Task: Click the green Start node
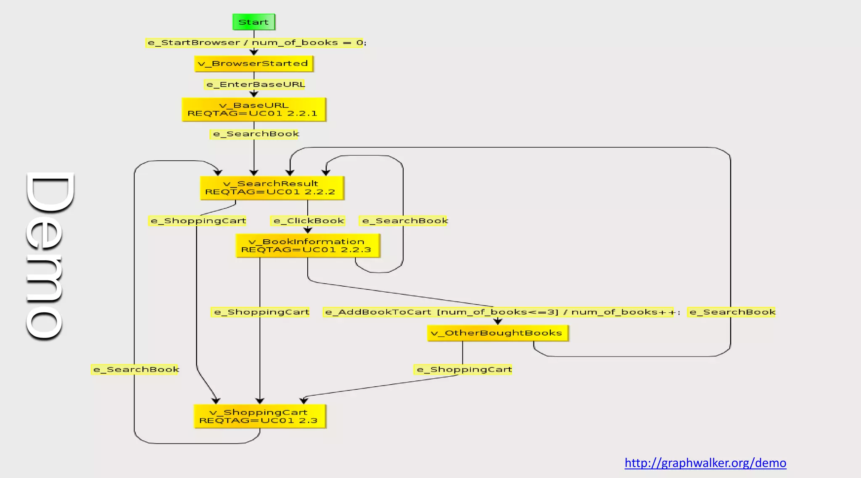point(254,22)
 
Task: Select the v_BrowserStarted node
point(254,63)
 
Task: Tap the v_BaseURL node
point(254,109)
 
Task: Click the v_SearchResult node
point(272,188)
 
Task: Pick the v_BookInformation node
point(307,246)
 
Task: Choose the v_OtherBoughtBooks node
point(497,333)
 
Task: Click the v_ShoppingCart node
point(259,416)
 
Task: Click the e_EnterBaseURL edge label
point(255,85)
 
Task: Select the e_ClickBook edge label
point(308,221)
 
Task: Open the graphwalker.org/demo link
point(705,463)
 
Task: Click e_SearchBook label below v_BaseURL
point(255,134)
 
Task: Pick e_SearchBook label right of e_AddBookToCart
point(732,312)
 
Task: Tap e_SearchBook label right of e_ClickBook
point(404,221)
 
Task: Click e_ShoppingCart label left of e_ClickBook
point(198,221)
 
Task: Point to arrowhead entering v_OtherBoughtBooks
point(498,322)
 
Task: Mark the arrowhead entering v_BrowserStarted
point(254,52)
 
